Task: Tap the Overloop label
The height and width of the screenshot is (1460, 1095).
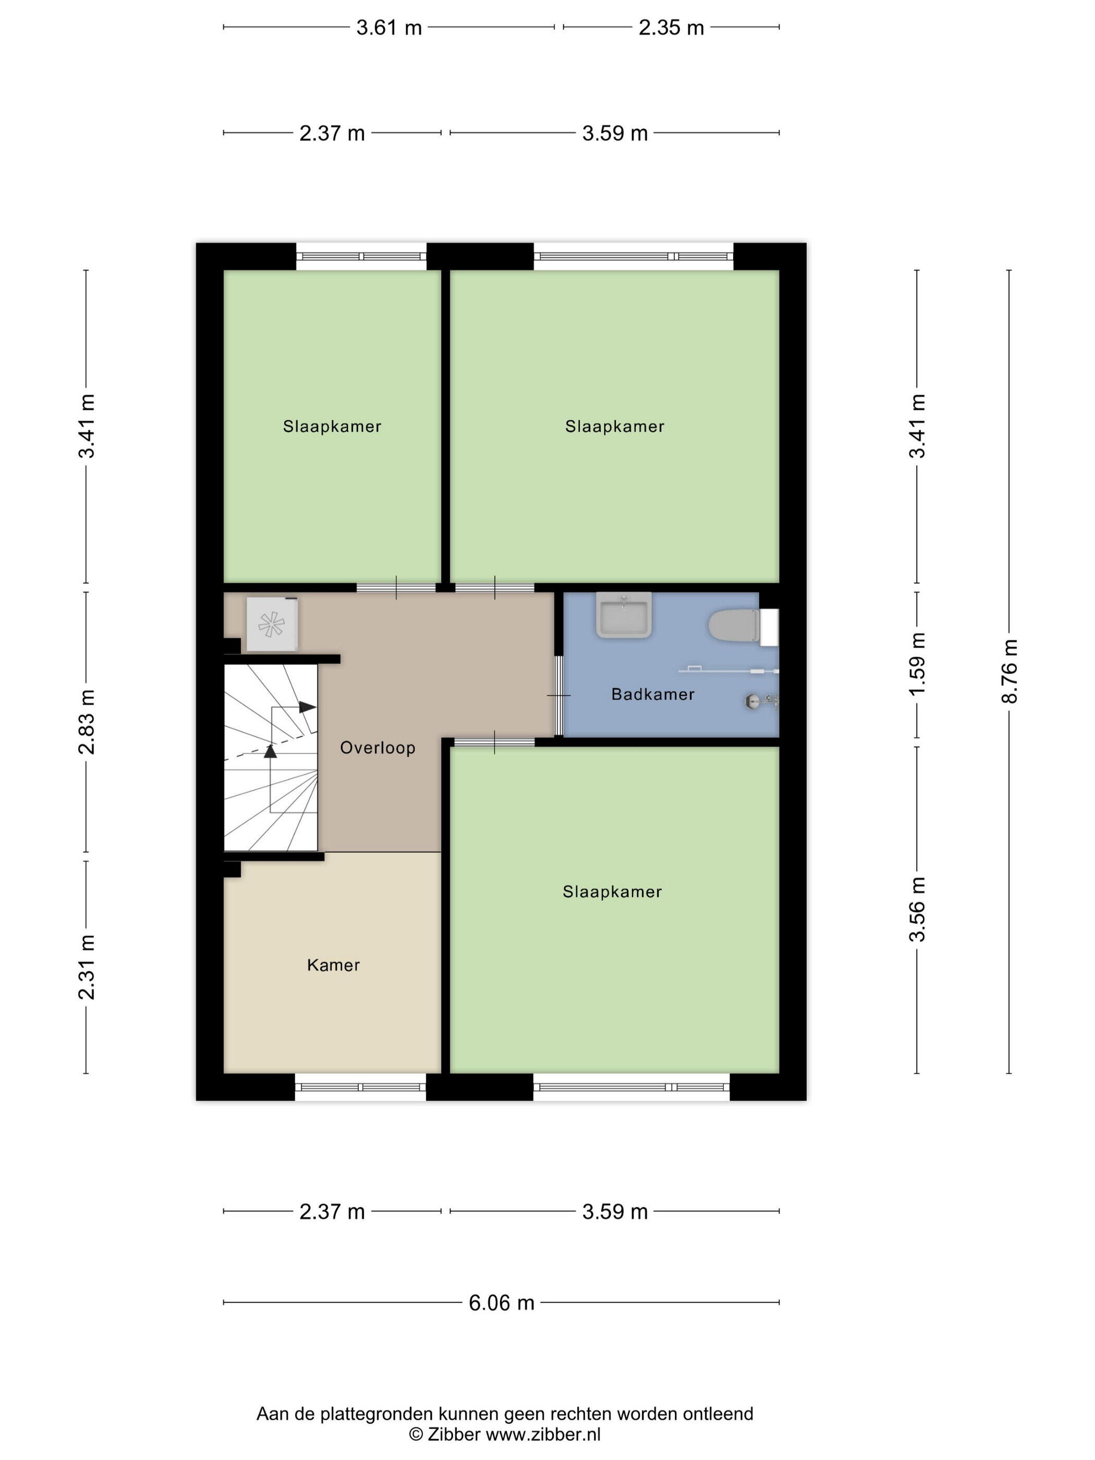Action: [x=378, y=748]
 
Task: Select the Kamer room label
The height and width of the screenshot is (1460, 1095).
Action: [x=333, y=965]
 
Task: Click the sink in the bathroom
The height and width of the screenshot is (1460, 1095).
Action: [x=624, y=615]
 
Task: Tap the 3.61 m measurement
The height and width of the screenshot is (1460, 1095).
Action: [x=389, y=28]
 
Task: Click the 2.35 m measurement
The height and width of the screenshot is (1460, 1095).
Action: [x=671, y=28]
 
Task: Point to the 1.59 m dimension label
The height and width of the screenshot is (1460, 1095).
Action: [x=917, y=663]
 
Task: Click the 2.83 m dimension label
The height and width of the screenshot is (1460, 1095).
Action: [x=87, y=722]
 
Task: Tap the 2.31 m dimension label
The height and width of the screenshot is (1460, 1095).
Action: [x=87, y=968]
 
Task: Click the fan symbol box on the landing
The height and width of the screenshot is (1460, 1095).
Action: [x=271, y=624]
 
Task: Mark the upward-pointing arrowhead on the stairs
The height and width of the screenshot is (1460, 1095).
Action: [x=270, y=750]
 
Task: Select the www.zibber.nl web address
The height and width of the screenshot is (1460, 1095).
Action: [x=543, y=1434]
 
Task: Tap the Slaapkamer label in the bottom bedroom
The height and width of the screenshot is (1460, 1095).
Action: [x=612, y=892]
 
